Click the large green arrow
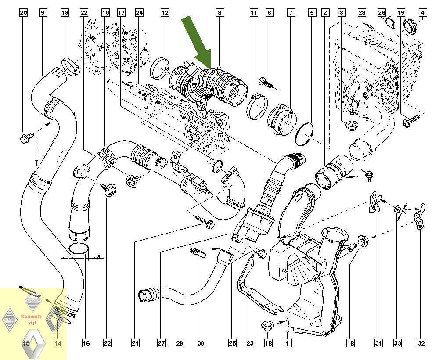click(198, 43)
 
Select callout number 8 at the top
click(219, 13)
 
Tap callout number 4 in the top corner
click(422, 13)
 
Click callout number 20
click(23, 13)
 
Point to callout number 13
click(65, 13)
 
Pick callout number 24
click(140, 13)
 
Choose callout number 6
click(269, 13)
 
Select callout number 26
click(381, 13)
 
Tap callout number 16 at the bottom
click(86, 343)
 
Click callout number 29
click(179, 343)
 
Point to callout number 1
click(288, 343)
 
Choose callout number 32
click(422, 343)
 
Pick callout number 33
click(397, 343)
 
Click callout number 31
click(377, 343)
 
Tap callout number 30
click(201, 343)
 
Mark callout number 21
click(135, 343)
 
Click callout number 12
click(165, 13)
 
